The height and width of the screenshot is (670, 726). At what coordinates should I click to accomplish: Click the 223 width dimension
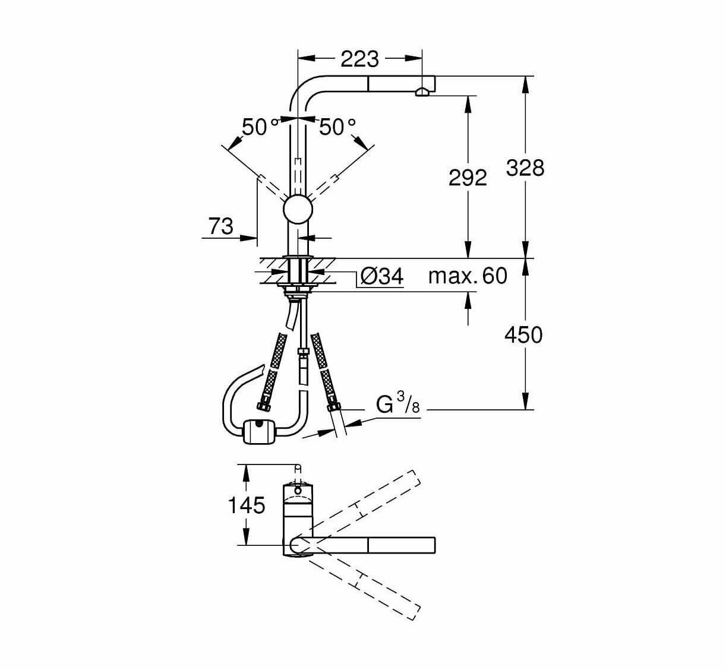[x=359, y=58]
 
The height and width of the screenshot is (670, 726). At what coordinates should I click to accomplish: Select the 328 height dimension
[x=525, y=167]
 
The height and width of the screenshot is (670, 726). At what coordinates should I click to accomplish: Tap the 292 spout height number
[x=468, y=177]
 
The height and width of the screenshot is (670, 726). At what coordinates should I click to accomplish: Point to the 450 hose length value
[x=523, y=335]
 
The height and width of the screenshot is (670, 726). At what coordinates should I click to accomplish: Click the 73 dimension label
[x=221, y=226]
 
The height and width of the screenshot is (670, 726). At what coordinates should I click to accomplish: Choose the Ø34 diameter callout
[x=382, y=276]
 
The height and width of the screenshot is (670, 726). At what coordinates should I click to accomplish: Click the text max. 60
[x=468, y=276]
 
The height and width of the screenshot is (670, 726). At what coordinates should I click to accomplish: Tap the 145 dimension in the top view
[x=247, y=505]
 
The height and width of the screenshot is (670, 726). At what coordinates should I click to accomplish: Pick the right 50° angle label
[x=337, y=127]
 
